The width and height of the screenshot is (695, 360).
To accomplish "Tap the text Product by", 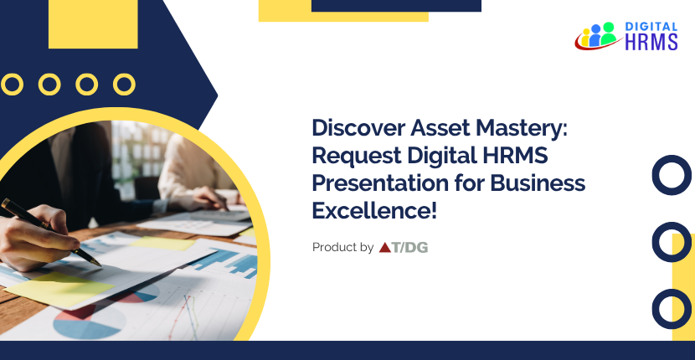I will pos(342,247).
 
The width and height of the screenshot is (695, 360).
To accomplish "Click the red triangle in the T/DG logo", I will pos(386,247).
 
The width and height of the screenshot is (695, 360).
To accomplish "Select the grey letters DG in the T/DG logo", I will pos(417,247).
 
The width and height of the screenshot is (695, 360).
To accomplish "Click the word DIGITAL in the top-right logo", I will pos(651,28).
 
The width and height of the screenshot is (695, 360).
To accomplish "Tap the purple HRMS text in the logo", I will pos(651,43).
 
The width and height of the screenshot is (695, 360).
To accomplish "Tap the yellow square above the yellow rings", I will pos(93,24).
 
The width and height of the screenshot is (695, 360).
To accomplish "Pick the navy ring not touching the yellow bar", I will pos(672,176).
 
